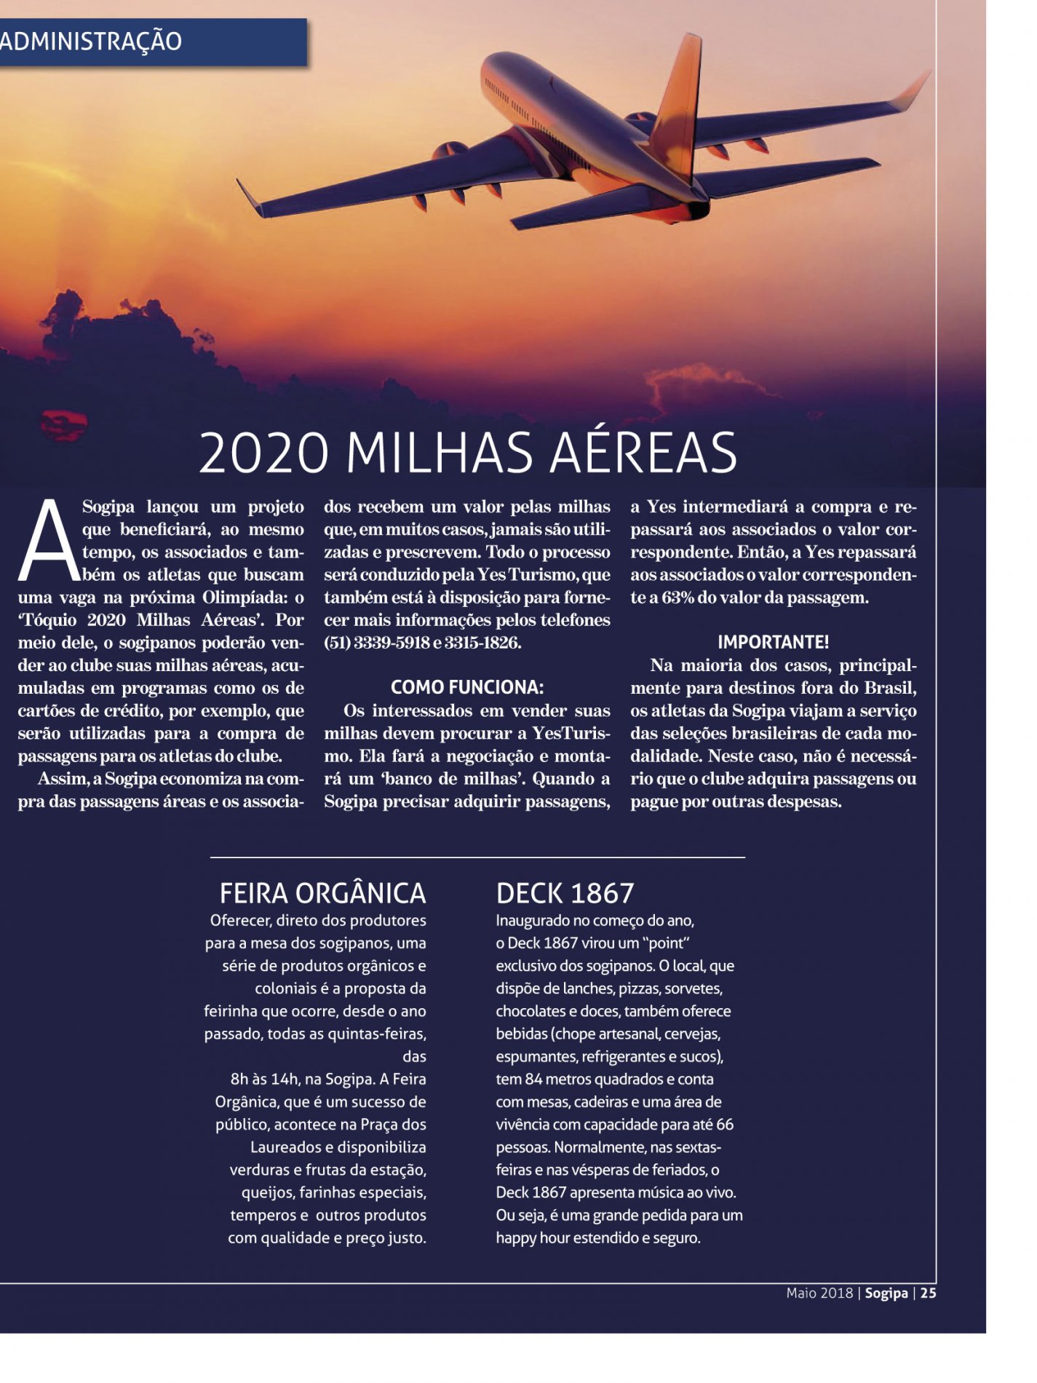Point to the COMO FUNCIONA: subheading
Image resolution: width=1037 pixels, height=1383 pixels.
point(466,688)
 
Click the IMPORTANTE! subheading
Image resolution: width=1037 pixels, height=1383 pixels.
point(773,642)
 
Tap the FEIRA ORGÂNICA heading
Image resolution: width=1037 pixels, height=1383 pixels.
point(322,893)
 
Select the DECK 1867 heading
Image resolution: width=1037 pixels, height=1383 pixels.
point(565,893)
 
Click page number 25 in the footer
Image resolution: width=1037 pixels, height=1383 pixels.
point(928,1293)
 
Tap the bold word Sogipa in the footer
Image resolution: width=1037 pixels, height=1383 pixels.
point(886,1293)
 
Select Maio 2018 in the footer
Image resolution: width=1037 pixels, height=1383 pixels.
point(819,1293)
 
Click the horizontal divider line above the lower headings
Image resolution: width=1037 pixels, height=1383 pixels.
point(477,857)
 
